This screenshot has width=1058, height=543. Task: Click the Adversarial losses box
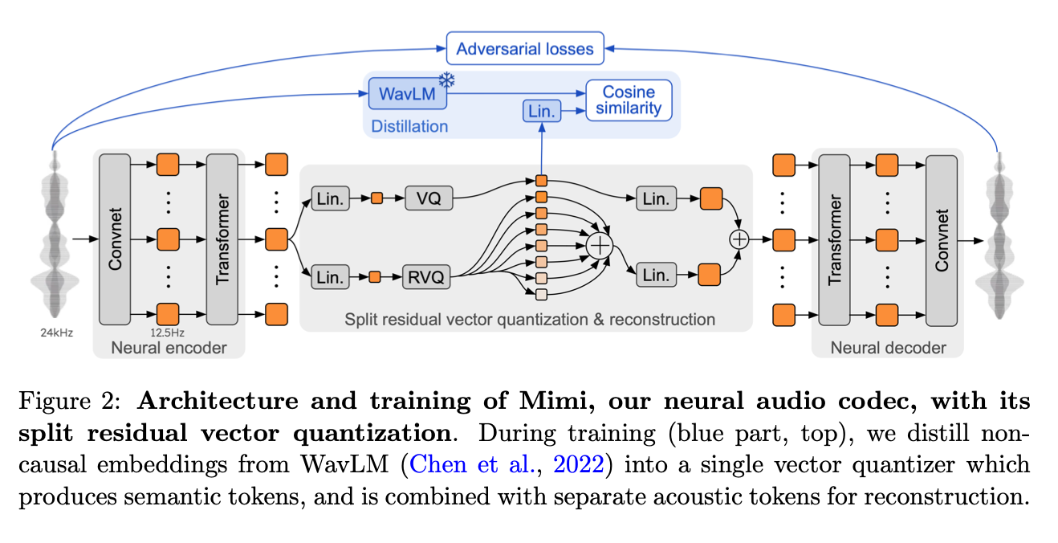tap(525, 49)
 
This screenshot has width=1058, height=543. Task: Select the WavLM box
tap(407, 94)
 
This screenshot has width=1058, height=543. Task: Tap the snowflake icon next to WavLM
tap(446, 80)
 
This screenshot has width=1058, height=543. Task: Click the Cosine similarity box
tap(629, 100)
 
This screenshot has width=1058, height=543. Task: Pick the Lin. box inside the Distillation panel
tap(542, 112)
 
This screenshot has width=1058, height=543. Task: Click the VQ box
tap(429, 198)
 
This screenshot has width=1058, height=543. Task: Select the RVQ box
tap(425, 278)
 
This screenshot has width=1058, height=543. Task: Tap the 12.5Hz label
tap(169, 331)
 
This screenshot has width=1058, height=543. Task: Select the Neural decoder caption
tap(888, 348)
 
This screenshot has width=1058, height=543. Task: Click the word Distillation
tap(409, 126)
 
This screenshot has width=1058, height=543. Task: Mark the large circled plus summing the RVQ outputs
tap(599, 245)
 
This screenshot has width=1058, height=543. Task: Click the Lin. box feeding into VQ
tap(330, 198)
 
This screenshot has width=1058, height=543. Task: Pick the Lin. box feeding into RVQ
tap(330, 278)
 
